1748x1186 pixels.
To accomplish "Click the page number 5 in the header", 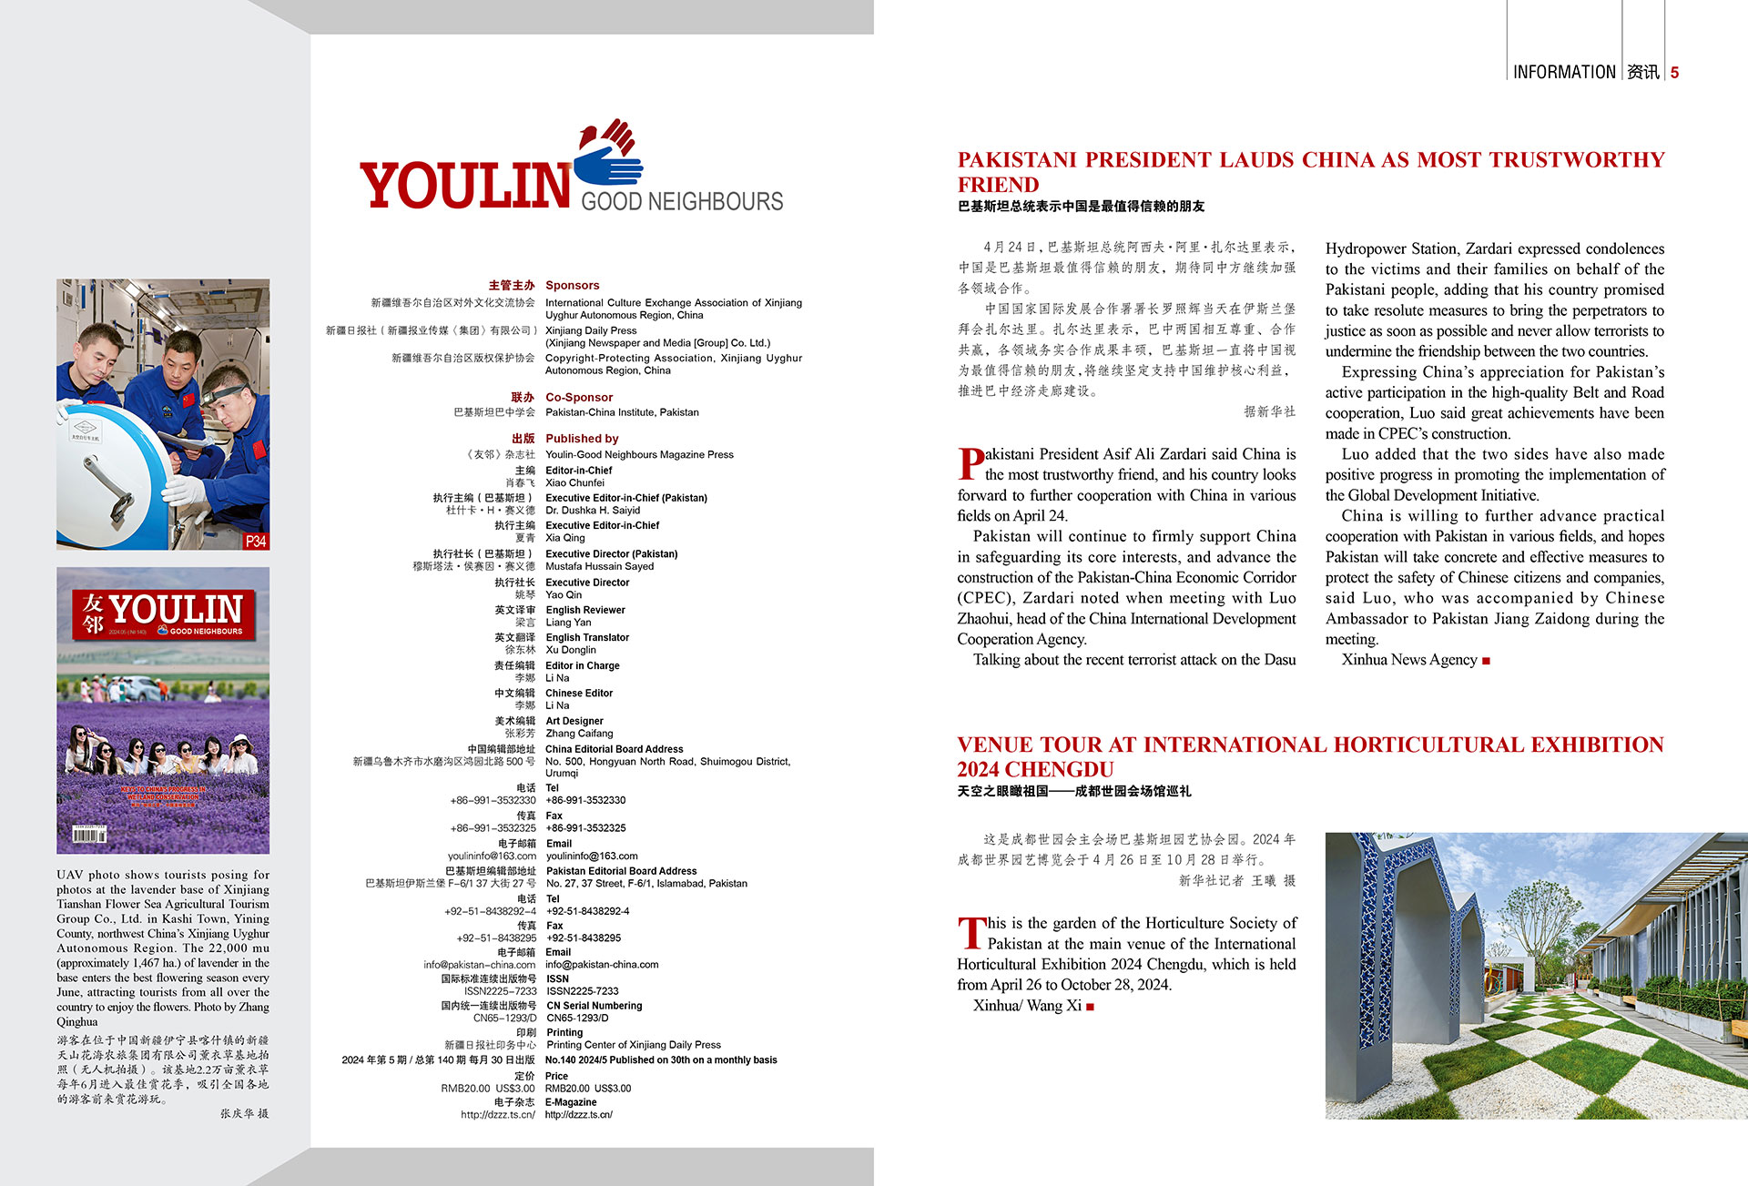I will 1674,72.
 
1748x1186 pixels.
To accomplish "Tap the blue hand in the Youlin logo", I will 608,166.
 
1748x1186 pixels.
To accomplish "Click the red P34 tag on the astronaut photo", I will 256,541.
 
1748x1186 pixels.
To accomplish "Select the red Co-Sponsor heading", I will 579,398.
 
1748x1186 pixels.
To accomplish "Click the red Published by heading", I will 582,439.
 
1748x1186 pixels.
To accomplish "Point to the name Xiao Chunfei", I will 574,483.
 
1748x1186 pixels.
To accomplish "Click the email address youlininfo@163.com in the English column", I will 592,857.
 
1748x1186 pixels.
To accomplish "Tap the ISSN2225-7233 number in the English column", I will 582,991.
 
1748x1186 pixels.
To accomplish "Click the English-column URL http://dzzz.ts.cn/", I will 579,1115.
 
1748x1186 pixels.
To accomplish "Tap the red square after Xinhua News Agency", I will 1486,661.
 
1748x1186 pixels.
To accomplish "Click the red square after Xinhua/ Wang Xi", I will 1090,1007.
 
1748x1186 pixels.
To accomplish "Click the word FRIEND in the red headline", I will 998,185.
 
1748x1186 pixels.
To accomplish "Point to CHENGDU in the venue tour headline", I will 1062,770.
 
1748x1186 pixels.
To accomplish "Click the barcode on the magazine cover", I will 90,834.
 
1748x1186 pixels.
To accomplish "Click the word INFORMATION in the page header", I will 1563,72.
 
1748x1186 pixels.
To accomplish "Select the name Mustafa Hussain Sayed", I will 599,566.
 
